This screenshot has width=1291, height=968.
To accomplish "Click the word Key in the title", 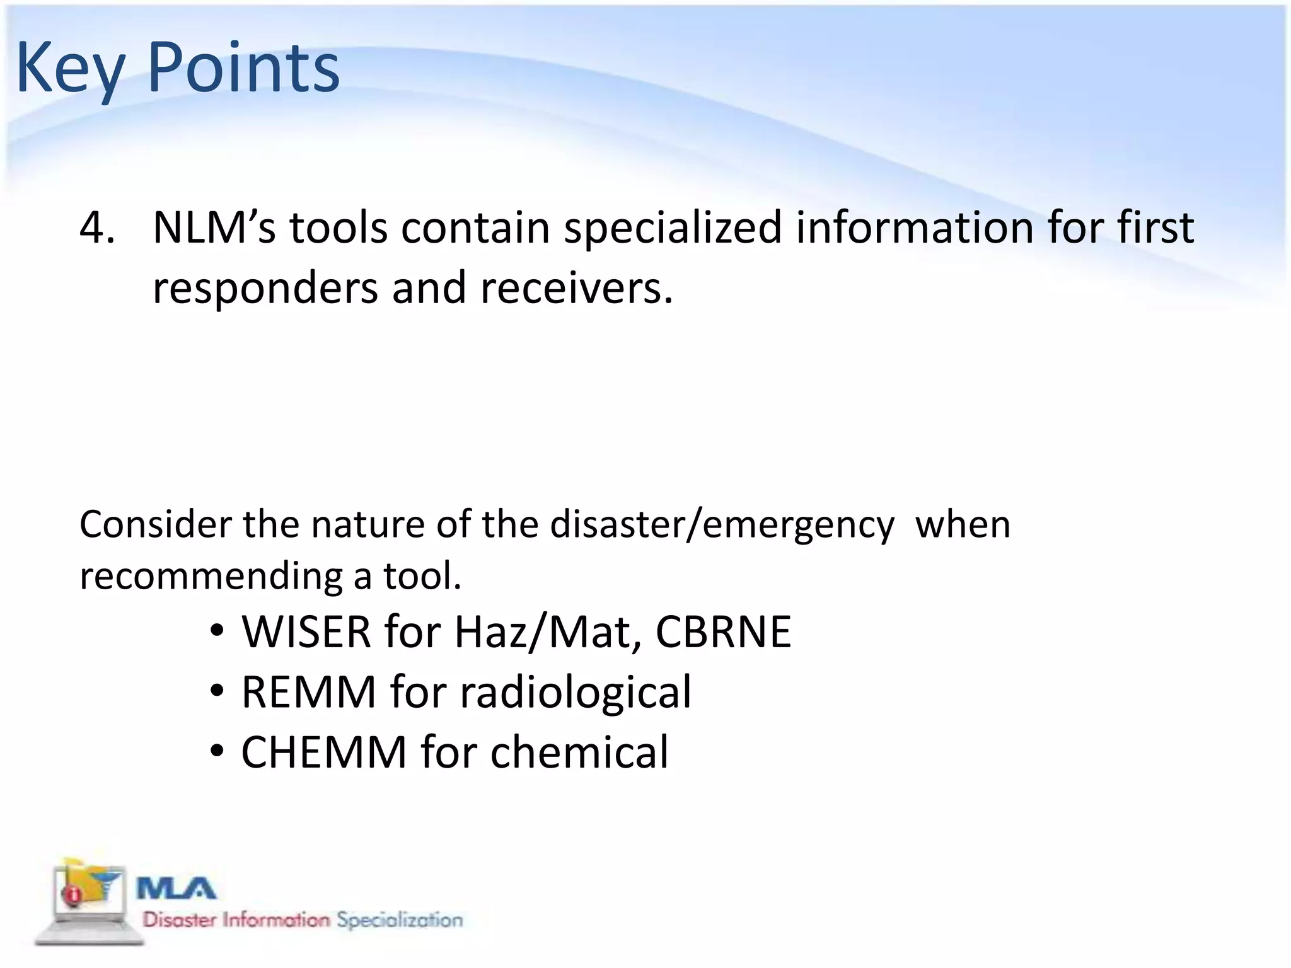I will click(69, 68).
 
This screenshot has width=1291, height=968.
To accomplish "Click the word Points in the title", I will click(243, 68).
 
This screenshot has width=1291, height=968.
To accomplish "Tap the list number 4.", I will click(96, 228).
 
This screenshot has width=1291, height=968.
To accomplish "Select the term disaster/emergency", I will click(722, 524).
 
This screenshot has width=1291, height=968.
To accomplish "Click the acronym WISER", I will click(306, 632).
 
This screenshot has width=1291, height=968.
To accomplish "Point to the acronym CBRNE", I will click(723, 632).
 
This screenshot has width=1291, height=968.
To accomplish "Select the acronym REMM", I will click(309, 693).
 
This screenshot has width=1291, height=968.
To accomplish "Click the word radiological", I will click(576, 693).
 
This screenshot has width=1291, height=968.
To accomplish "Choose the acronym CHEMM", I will click(324, 753).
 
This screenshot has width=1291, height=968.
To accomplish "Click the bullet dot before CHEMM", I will click(217, 752).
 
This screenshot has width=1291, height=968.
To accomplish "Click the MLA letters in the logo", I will click(177, 889).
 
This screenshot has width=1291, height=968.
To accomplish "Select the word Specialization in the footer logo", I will click(400, 920).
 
